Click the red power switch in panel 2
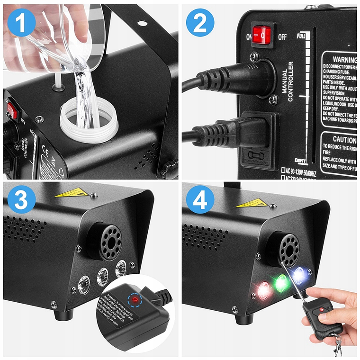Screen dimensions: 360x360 pyautogui.click(x=262, y=36)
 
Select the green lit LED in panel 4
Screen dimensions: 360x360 pyautogui.click(x=281, y=283)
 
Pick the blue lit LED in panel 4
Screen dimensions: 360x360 pyautogui.click(x=299, y=274)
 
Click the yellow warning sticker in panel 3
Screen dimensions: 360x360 pyautogui.click(x=72, y=192)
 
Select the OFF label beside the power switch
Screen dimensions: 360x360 pyautogui.click(x=282, y=36)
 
